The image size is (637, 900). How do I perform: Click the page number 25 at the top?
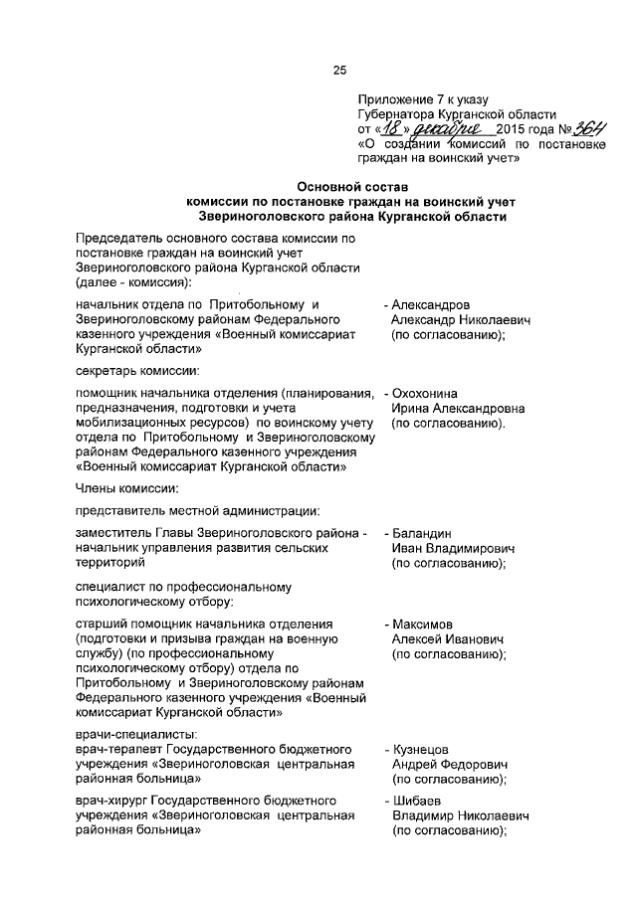(x=338, y=69)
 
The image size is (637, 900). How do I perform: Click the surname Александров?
(x=431, y=304)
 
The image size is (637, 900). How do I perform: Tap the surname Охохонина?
(x=428, y=393)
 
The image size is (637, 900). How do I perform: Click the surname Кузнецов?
(x=421, y=747)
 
